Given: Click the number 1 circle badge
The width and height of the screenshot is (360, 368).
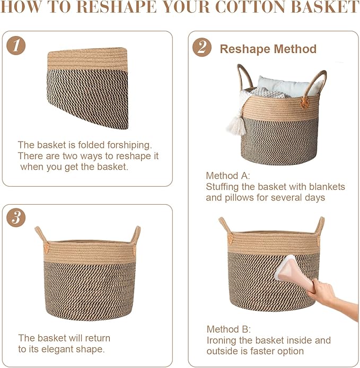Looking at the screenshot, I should [x=16, y=46].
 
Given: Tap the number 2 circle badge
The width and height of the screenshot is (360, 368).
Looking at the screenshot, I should [x=201, y=48].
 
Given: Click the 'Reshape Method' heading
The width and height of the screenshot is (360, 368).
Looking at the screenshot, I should [x=268, y=49].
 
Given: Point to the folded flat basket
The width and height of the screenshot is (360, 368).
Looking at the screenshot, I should [x=88, y=88].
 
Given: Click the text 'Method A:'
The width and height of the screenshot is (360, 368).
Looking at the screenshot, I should [x=227, y=176].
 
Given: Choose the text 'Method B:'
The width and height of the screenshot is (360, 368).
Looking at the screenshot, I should [x=228, y=329].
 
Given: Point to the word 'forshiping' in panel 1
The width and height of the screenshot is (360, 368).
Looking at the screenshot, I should [x=121, y=145].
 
